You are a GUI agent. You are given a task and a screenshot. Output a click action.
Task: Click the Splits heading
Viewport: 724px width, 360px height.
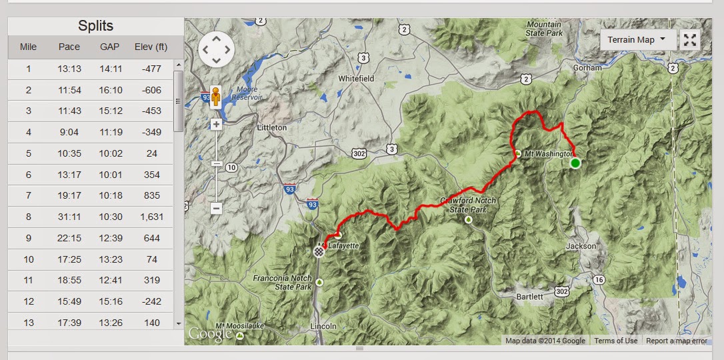point(95,26)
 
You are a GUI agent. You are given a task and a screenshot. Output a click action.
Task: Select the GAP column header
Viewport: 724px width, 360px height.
point(109,47)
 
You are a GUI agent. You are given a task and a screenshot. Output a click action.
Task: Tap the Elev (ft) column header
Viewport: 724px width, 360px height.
point(151,47)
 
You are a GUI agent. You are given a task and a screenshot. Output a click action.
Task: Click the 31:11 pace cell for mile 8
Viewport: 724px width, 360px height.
point(69,217)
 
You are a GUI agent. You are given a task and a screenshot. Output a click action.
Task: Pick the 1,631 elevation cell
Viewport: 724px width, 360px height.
point(152,217)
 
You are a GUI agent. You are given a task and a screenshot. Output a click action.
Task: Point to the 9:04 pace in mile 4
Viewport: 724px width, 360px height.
point(69,132)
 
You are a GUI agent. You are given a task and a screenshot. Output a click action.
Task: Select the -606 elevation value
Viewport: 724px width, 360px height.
point(152,90)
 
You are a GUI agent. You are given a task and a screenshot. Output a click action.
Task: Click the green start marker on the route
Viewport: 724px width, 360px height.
point(575,163)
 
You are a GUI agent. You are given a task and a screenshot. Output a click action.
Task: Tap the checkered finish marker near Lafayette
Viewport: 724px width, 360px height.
point(319,251)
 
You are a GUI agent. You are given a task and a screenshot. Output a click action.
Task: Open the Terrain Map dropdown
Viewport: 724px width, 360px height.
point(637,40)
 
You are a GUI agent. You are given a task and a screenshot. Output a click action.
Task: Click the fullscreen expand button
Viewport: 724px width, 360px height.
point(690,40)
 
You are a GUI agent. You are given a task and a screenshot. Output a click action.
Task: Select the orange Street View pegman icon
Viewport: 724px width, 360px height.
point(215,98)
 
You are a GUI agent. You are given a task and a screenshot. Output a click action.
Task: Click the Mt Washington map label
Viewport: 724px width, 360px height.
point(549,154)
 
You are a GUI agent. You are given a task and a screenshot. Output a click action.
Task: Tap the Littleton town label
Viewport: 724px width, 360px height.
point(272,127)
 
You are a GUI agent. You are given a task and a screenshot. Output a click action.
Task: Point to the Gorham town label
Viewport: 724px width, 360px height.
point(587,68)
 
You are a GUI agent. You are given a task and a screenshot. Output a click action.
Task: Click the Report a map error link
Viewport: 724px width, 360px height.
point(677,341)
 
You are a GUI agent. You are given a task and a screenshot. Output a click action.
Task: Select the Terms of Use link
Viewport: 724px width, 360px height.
point(616,341)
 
